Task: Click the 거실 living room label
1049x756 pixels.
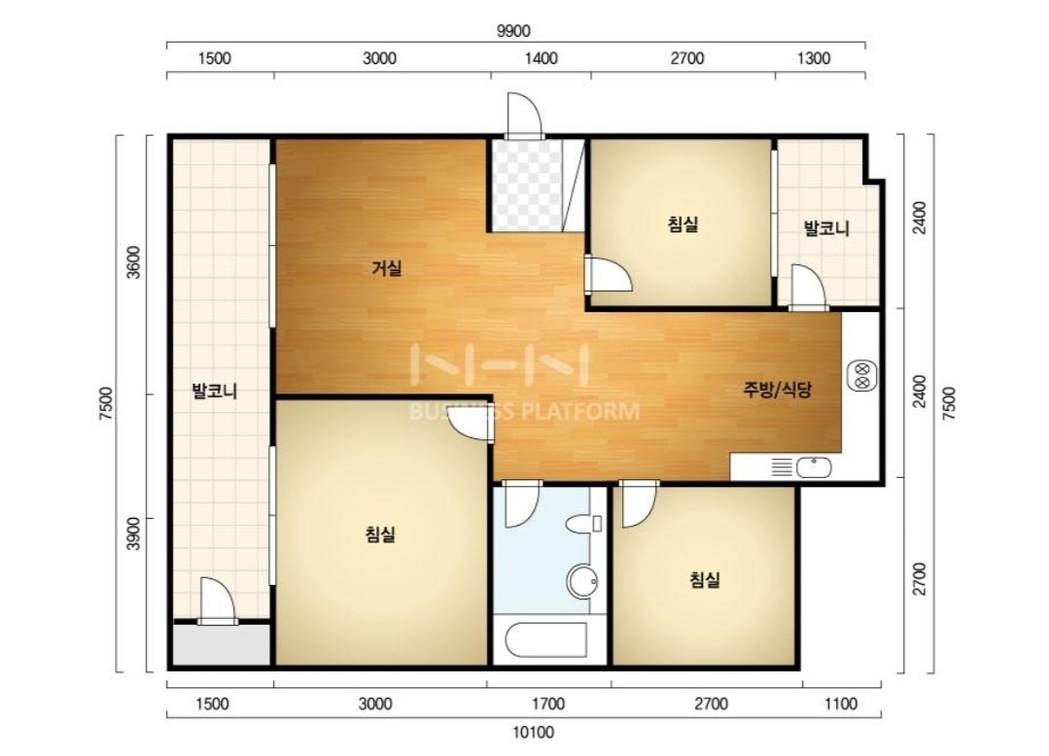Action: tap(387, 269)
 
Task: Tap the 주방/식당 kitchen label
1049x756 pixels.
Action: tap(778, 389)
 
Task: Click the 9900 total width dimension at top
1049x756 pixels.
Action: tap(513, 31)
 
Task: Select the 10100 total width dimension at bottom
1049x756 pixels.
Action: tap(533, 733)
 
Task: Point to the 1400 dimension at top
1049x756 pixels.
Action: tap(541, 59)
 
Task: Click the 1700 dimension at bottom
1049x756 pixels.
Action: tap(548, 704)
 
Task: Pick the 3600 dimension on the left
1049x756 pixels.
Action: tap(134, 262)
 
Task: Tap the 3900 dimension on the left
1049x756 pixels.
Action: tap(134, 533)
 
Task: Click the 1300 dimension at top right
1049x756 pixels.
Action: tap(814, 59)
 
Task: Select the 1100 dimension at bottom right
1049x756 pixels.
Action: tap(840, 704)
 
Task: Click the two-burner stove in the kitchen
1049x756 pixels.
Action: tap(861, 376)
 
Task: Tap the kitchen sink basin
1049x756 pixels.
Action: tap(814, 467)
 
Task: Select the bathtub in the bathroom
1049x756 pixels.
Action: tap(546, 640)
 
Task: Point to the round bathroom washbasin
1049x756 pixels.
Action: tap(582, 582)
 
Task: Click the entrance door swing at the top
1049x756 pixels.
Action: tap(523, 116)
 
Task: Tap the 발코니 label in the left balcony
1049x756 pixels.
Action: tap(215, 391)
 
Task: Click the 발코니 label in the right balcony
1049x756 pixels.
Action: tap(826, 228)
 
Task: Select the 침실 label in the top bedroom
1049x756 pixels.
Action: tap(683, 223)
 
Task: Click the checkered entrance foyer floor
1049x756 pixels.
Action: tap(527, 186)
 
